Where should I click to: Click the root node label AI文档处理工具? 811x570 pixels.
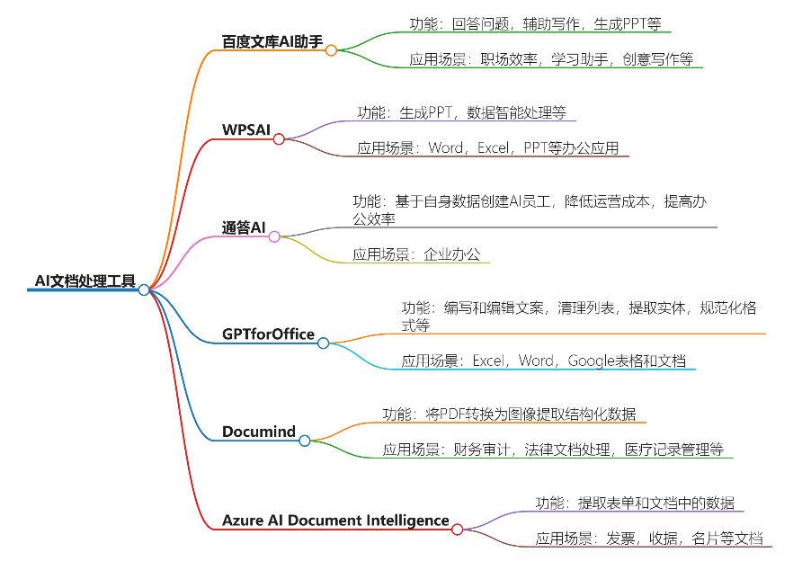click(x=85, y=281)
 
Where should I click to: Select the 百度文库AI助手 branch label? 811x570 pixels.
click(x=272, y=41)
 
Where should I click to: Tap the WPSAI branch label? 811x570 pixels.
click(x=246, y=129)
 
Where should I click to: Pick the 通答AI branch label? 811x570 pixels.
click(x=244, y=227)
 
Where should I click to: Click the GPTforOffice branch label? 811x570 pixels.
click(x=268, y=334)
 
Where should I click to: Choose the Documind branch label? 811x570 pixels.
click(x=259, y=432)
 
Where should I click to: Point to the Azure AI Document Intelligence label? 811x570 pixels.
click(x=335, y=520)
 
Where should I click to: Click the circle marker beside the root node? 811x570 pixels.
click(x=144, y=289)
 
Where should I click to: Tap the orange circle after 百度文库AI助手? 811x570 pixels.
click(x=331, y=50)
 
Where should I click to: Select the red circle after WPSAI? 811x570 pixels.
click(x=279, y=138)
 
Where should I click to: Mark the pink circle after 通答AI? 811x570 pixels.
click(x=274, y=236)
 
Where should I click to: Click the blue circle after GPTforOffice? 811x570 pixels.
click(x=323, y=343)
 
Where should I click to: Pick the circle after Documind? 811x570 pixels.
click(x=304, y=441)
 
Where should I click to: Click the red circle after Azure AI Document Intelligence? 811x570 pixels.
click(x=457, y=529)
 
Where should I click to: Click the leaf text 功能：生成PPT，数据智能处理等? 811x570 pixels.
click(x=461, y=113)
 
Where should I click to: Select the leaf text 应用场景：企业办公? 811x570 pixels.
click(x=419, y=254)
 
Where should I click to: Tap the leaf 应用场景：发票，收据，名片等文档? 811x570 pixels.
click(x=648, y=539)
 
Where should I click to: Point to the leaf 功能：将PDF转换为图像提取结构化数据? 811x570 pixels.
click(x=509, y=414)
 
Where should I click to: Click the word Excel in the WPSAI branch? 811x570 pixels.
click(x=494, y=148)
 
